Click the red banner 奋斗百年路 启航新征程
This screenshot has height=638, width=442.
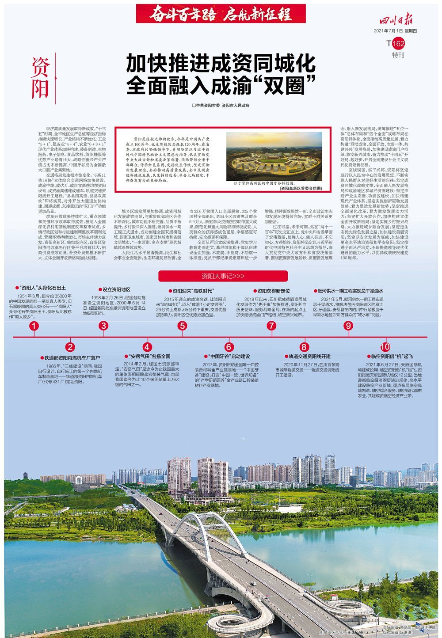pos(221,14)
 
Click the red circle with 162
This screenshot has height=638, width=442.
pos(398,43)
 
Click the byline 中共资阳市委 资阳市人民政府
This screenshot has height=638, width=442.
pos(221,106)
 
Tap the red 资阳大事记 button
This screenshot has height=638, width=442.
pos(223,276)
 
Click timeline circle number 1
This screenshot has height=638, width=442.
pos(34,326)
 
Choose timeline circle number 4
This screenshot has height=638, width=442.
pos(147,347)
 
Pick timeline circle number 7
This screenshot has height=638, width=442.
pos(271,326)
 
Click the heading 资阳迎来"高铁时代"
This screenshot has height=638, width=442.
pos(193,291)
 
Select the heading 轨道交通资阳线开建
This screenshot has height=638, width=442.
pos(309,356)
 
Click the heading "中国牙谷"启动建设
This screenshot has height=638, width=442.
pos(229,356)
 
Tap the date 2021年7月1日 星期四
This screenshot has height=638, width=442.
pos(396,31)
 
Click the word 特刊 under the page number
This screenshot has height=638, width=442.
pos(398,55)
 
